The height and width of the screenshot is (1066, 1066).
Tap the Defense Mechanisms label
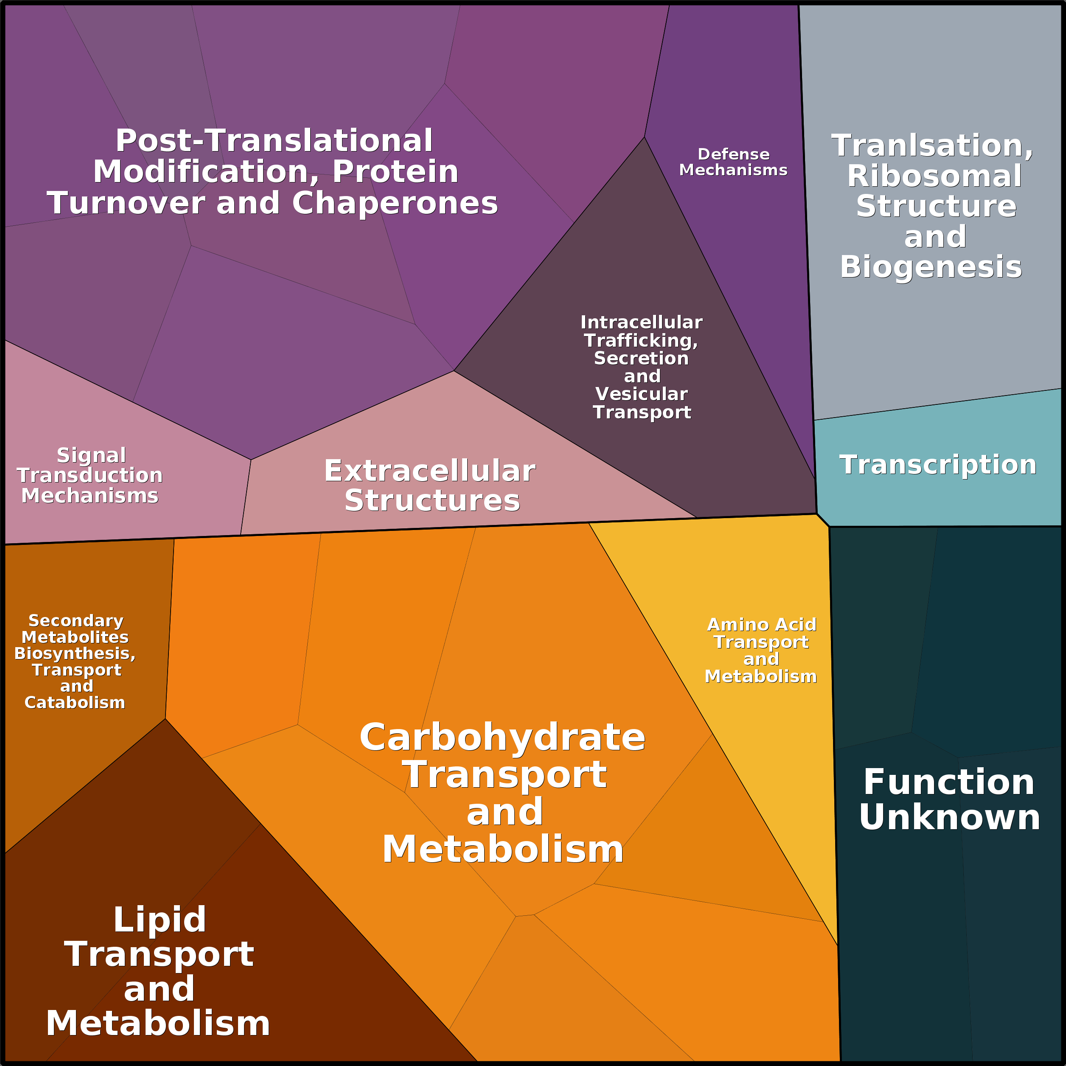tap(733, 162)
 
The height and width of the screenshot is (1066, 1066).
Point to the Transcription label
tap(937, 465)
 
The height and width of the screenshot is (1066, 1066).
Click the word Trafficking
tap(641, 340)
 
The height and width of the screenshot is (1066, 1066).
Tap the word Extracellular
tap(429, 471)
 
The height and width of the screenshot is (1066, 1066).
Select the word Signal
tap(92, 455)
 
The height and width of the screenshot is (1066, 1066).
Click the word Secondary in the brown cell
tap(76, 621)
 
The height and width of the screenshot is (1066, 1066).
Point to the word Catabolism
tap(75, 702)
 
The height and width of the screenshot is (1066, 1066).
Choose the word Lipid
tap(160, 920)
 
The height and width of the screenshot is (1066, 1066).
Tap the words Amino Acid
tap(761, 625)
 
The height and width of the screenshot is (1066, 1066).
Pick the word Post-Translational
tap(274, 141)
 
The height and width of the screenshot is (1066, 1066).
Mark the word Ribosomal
tap(934, 176)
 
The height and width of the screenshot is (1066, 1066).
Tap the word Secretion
tap(641, 358)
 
